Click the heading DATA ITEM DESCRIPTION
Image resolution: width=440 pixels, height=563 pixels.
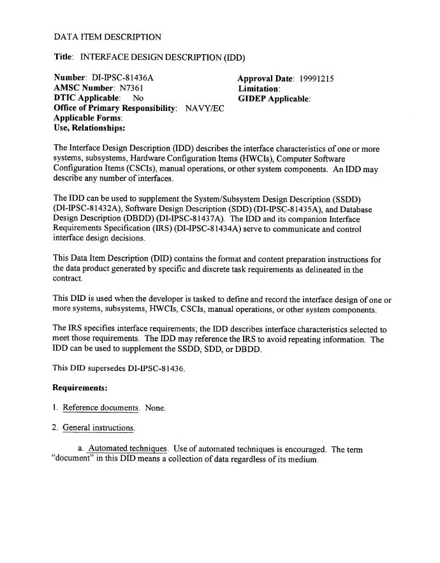107,37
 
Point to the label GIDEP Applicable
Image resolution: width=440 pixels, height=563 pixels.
274,99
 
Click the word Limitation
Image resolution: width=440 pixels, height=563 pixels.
259,89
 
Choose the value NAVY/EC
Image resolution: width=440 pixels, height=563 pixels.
205,108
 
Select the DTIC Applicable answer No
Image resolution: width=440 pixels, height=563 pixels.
138,99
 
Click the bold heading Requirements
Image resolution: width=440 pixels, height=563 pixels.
80,387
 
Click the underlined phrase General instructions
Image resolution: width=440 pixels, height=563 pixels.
98,427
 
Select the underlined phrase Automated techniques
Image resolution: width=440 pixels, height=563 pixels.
128,449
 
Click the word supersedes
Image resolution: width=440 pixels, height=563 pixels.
107,367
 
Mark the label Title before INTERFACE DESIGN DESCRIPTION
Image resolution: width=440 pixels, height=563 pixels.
63,57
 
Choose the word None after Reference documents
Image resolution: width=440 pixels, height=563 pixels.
155,407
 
